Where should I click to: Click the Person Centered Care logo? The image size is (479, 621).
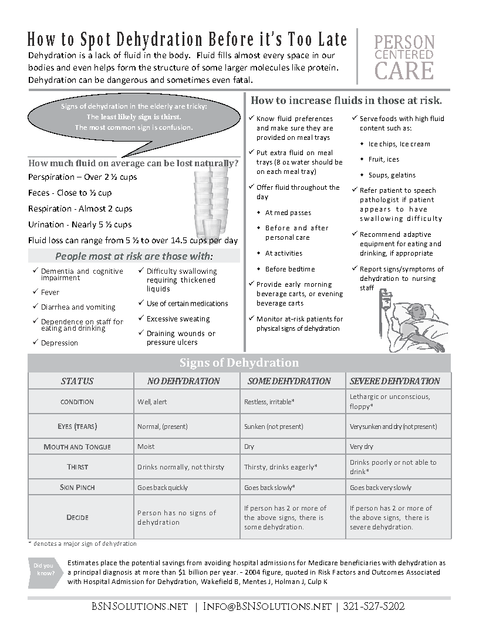click(404, 57)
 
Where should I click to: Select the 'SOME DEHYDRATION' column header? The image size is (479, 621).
click(289, 381)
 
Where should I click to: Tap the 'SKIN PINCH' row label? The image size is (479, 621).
click(77, 488)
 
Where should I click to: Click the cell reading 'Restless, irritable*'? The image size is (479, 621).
click(269, 402)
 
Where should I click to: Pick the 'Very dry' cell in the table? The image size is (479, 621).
click(361, 447)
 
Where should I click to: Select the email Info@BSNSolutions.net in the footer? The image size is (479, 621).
click(267, 606)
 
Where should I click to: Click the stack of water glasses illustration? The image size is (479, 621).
click(210, 200)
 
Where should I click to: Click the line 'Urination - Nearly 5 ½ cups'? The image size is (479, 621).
click(80, 224)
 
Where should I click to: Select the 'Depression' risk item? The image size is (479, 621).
click(59, 343)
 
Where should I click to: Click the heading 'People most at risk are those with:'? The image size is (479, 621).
click(134, 256)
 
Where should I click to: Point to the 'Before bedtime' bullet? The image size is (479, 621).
click(290, 269)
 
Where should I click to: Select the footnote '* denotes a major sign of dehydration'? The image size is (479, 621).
click(82, 543)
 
